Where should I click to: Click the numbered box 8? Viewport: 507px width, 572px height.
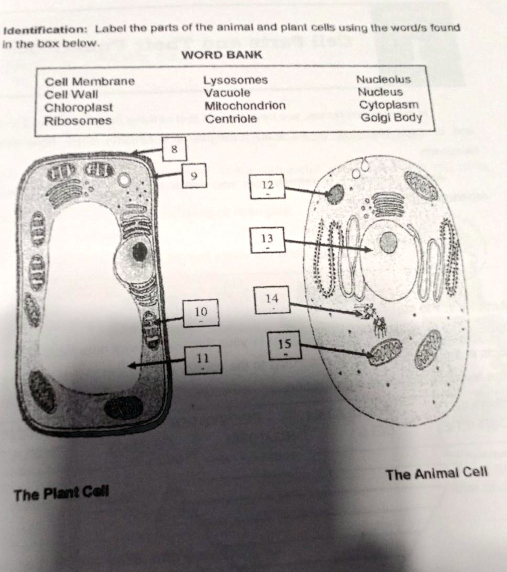click(174, 150)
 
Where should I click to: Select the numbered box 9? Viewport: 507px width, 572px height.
click(194, 176)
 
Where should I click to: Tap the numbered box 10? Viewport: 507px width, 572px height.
click(201, 313)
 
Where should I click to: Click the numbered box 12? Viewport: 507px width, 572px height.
click(267, 186)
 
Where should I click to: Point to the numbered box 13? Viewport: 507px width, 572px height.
click(267, 241)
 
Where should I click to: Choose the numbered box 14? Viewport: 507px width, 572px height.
click(273, 299)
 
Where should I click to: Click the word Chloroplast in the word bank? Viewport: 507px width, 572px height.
click(79, 108)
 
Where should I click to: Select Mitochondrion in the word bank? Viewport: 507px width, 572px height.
click(245, 106)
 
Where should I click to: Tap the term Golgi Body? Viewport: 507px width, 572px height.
click(391, 117)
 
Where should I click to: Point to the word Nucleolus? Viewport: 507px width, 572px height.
click(383, 80)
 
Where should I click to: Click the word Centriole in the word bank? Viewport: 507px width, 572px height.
click(231, 119)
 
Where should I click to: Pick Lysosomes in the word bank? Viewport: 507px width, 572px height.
click(235, 80)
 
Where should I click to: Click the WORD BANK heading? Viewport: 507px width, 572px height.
click(221, 55)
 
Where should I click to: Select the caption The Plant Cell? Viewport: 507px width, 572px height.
click(61, 494)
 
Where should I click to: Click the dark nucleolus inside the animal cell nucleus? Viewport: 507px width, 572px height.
click(388, 243)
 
